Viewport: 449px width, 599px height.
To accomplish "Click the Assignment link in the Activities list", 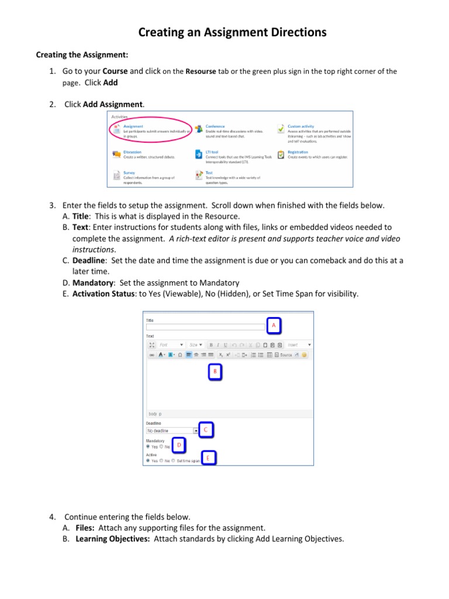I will pos(133,126).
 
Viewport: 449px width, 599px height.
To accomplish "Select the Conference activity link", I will pos(215,126).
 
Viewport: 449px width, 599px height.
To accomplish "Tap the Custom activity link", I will pos(301,126).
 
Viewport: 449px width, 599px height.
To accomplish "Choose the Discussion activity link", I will pos(132,152).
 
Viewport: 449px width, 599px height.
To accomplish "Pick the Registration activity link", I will pos(298,152).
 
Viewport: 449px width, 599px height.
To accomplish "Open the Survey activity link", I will pos(129,173).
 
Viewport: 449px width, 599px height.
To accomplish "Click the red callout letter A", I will pos(273,324).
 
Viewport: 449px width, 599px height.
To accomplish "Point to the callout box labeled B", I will pos(215,371).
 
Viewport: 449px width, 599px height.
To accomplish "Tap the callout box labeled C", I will pos(205,430).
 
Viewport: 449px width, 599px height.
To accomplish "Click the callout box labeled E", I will pos(208,458).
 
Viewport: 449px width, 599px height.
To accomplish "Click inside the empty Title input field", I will pos(205,327).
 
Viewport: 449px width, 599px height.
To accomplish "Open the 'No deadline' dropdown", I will pos(172,431).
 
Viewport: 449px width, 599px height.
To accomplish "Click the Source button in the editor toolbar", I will pos(286,355).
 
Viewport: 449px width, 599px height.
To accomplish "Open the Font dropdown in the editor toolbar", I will pos(171,345).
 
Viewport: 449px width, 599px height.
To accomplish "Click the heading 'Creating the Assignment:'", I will pos(82,55).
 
